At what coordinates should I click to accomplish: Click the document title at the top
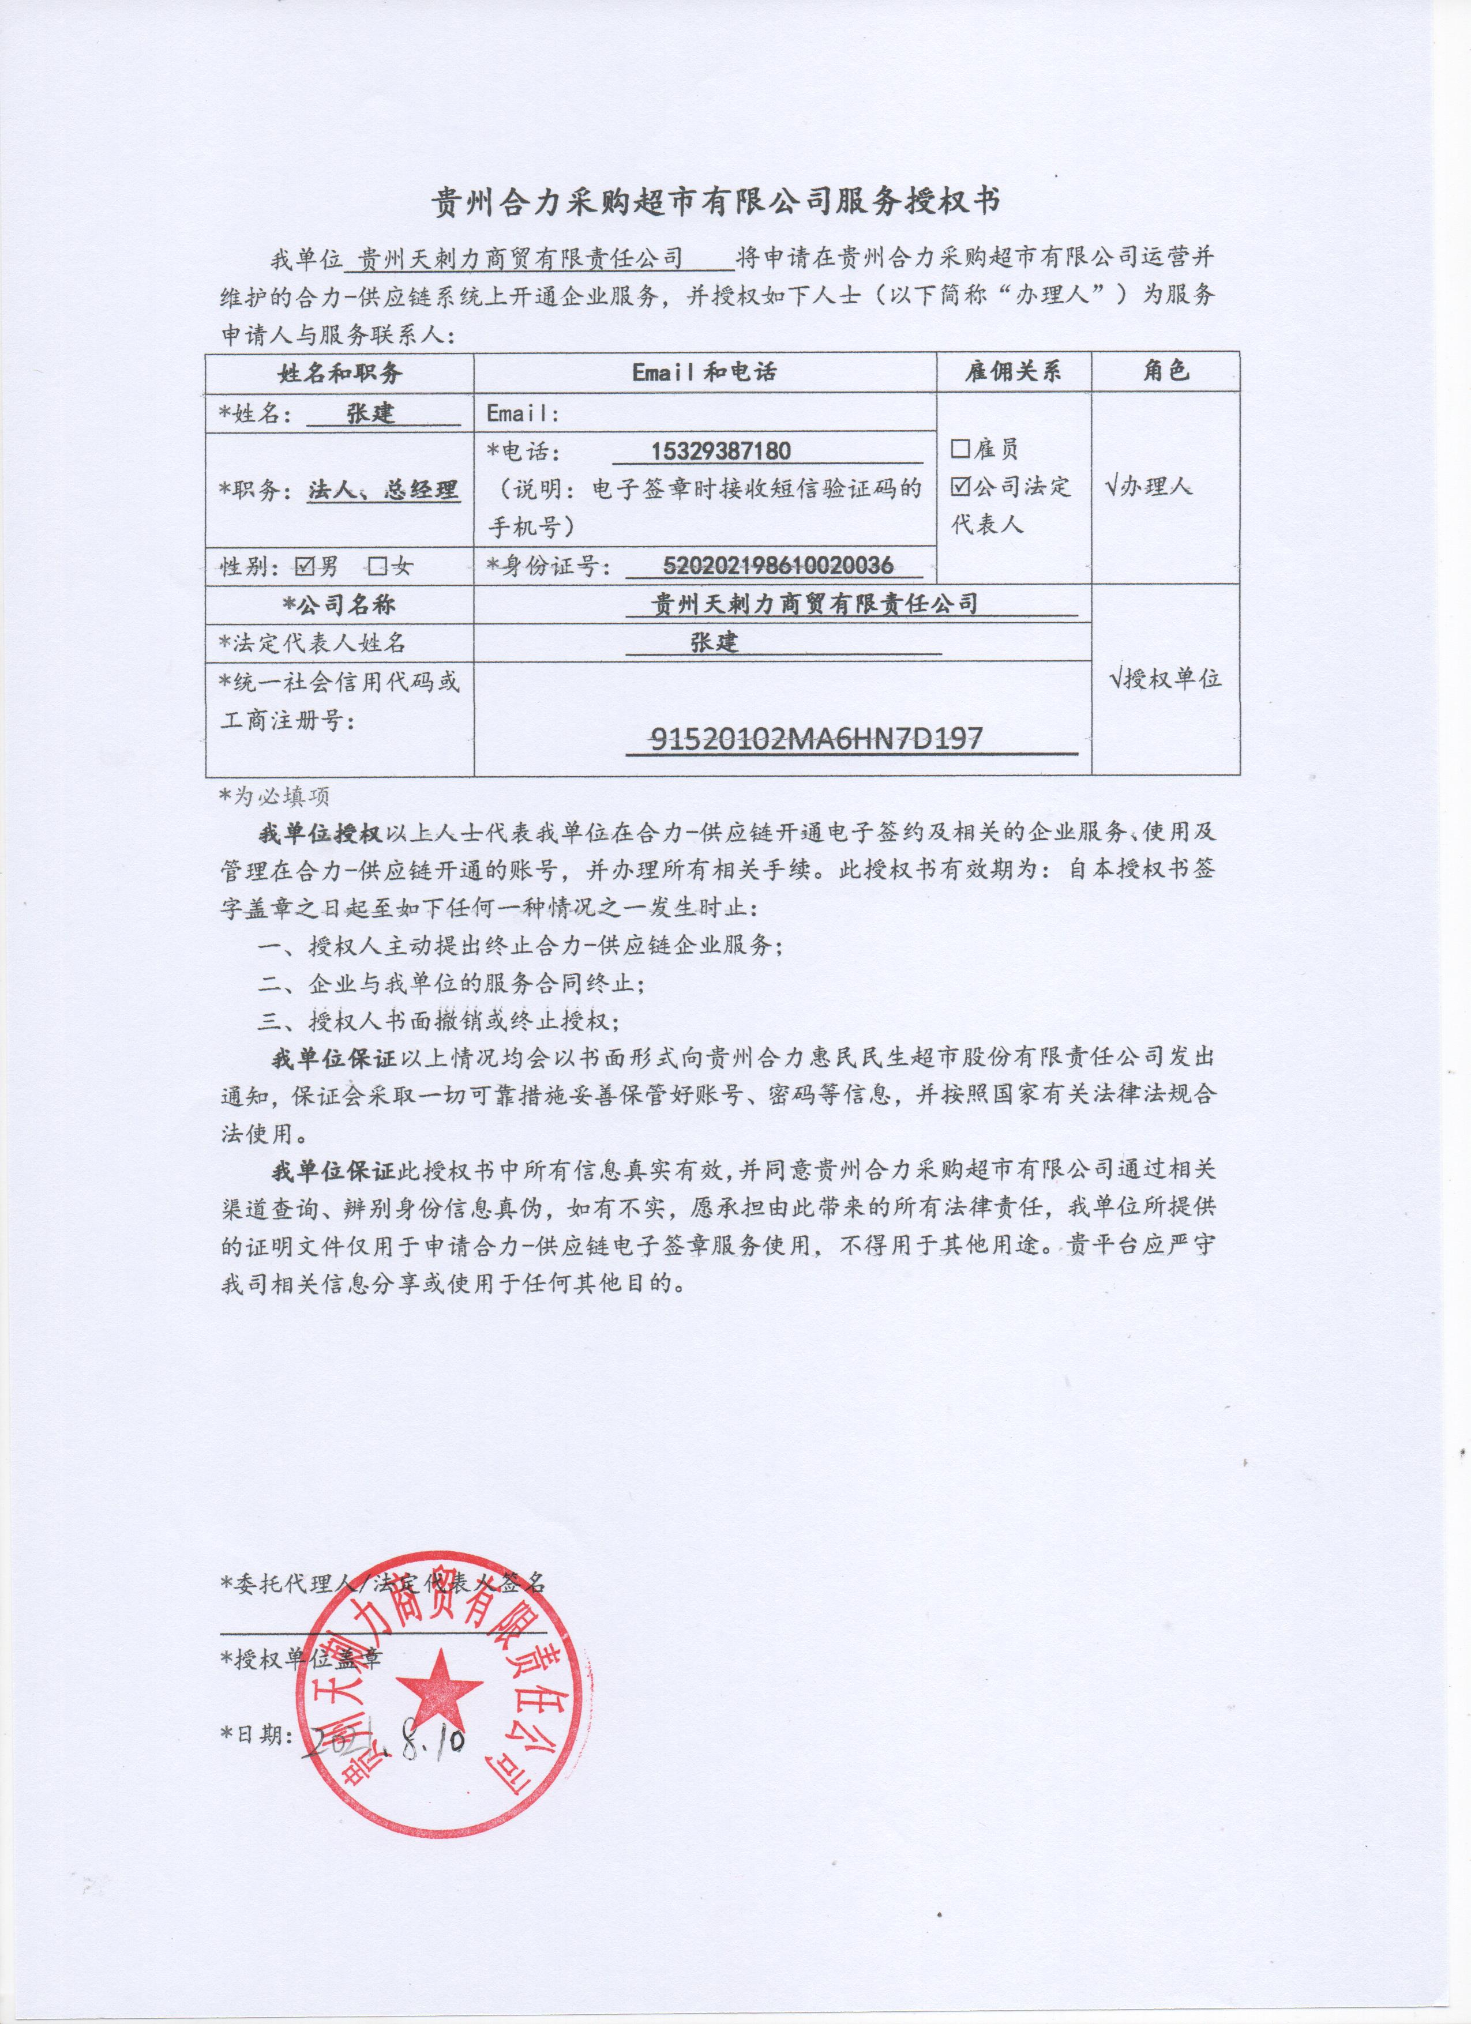[x=716, y=202]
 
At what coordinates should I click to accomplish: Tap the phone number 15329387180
[x=721, y=451]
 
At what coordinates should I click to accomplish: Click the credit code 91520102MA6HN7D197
[x=817, y=739]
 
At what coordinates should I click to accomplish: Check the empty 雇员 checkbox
[x=960, y=448]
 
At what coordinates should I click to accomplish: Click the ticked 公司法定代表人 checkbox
[x=960, y=486]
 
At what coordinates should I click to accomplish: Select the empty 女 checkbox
[x=378, y=565]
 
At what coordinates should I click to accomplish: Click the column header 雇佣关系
[x=1013, y=372]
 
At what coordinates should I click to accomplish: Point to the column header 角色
[x=1166, y=371]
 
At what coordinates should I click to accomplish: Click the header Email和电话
[x=704, y=372]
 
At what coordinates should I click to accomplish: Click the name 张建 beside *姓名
[x=370, y=413]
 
